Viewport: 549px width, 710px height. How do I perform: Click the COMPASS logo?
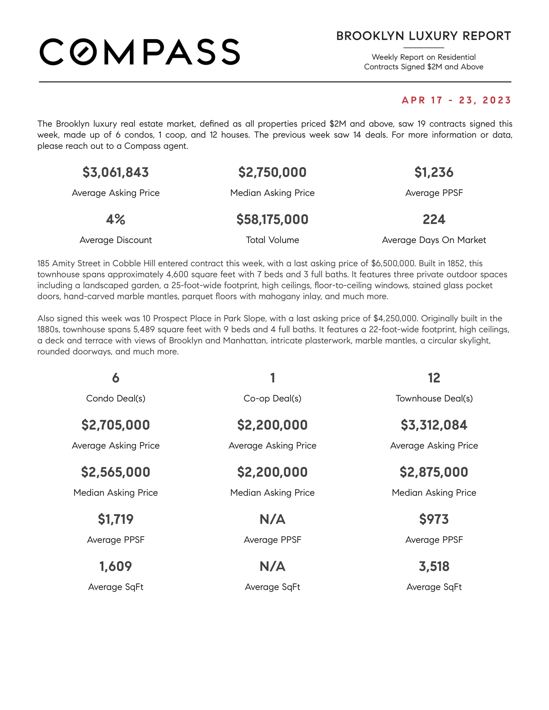[140, 52]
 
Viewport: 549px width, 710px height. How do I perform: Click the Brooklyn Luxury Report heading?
[423, 36]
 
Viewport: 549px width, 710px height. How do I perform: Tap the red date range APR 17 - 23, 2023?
[456, 100]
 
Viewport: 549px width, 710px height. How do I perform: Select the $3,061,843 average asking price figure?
[116, 172]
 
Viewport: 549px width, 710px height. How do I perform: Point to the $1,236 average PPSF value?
[433, 172]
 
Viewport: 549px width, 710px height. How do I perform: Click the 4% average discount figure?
[116, 219]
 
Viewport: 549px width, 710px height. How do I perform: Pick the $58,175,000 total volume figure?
[272, 219]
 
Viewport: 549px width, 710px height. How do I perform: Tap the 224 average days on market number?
[433, 219]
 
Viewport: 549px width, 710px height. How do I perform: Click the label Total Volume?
[272, 240]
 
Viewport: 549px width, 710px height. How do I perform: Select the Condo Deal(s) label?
[116, 398]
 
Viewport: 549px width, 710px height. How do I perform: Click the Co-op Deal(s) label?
[272, 398]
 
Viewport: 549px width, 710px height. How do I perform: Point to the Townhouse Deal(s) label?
[433, 398]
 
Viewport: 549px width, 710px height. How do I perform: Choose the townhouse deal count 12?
[433, 378]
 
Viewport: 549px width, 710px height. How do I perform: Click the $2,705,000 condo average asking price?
[116, 425]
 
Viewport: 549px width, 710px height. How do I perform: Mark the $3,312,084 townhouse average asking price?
[433, 425]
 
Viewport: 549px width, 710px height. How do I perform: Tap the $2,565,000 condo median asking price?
[116, 472]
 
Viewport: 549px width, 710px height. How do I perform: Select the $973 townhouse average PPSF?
[433, 519]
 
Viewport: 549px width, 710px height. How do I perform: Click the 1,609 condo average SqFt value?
[116, 566]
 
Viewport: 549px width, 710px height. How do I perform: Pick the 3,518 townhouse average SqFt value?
[433, 566]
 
